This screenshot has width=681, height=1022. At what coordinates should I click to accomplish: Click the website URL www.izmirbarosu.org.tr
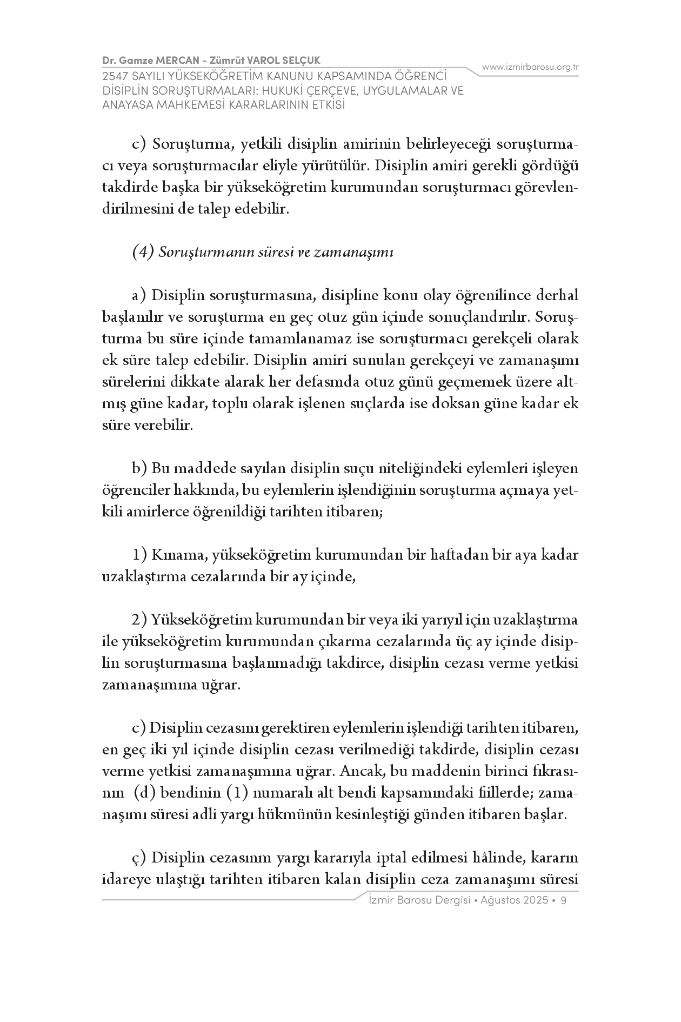[x=530, y=67]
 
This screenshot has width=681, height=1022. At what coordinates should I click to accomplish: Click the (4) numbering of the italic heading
[x=144, y=252]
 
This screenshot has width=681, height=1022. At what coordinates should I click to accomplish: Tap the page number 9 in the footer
[x=564, y=900]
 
